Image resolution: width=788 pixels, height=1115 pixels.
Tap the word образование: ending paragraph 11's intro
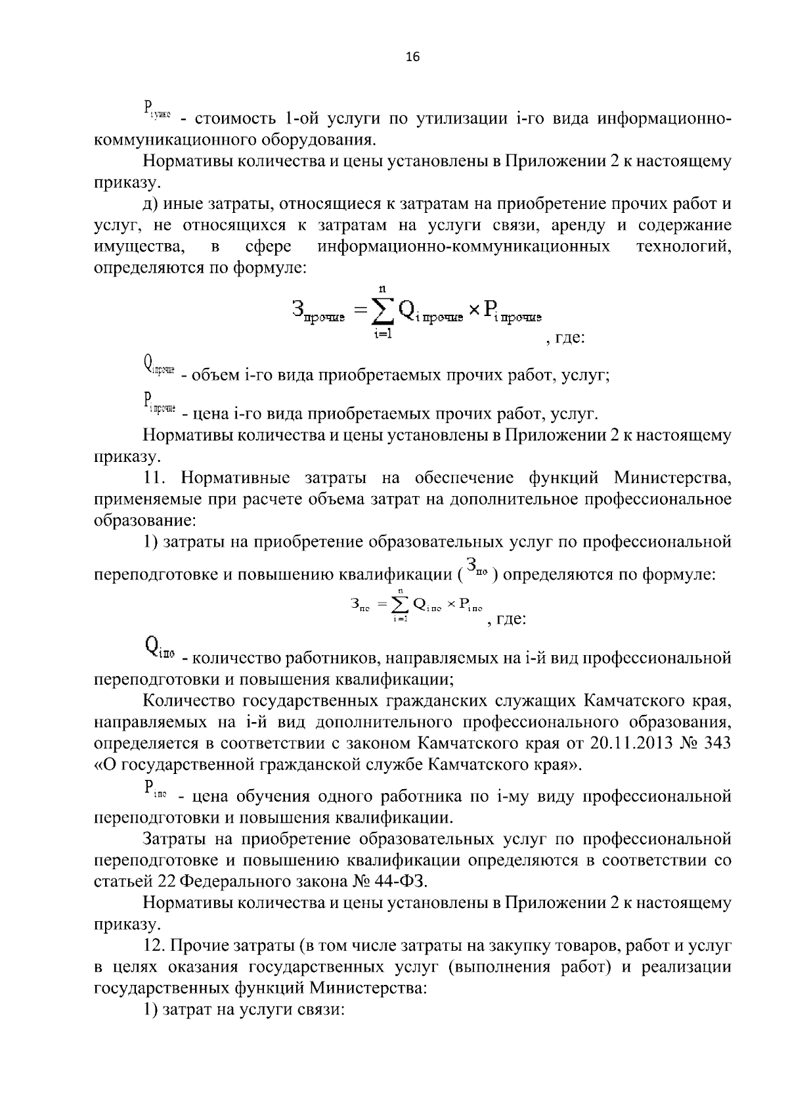[144, 520]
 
